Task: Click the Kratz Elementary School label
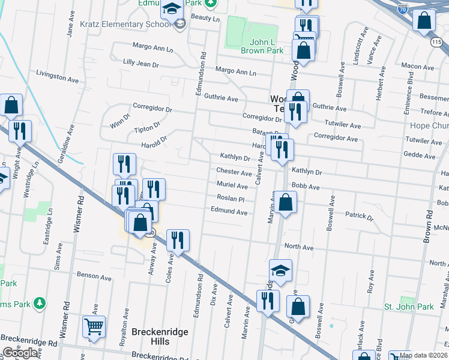tap(125, 25)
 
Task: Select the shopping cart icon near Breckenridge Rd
tap(94, 327)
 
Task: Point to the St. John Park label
tap(409, 307)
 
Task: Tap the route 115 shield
tap(437, 42)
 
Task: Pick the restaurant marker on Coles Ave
tap(178, 241)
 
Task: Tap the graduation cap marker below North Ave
tap(280, 271)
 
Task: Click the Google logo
tap(20, 353)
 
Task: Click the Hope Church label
tap(429, 125)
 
